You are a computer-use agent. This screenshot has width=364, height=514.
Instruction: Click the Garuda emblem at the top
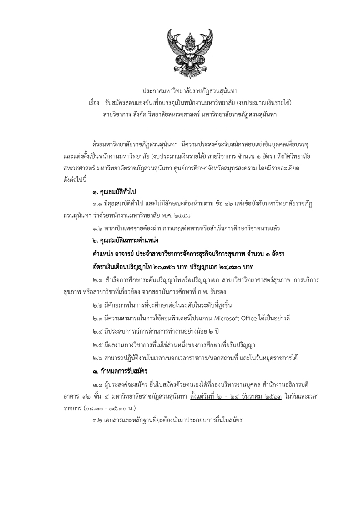point(182,48)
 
